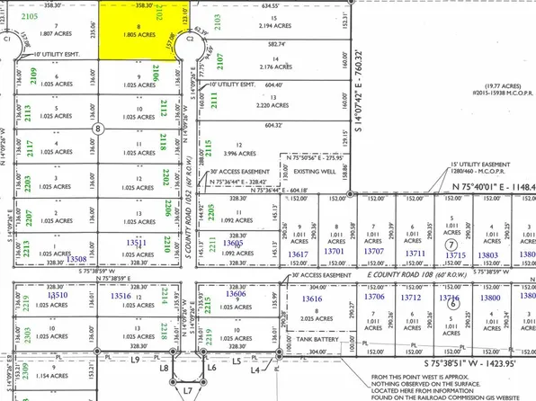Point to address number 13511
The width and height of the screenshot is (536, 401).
pos(138,243)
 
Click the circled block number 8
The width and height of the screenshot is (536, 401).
pos(96,129)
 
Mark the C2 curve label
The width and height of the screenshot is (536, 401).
pos(190,40)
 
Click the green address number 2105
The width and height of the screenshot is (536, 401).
pos(29,17)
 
